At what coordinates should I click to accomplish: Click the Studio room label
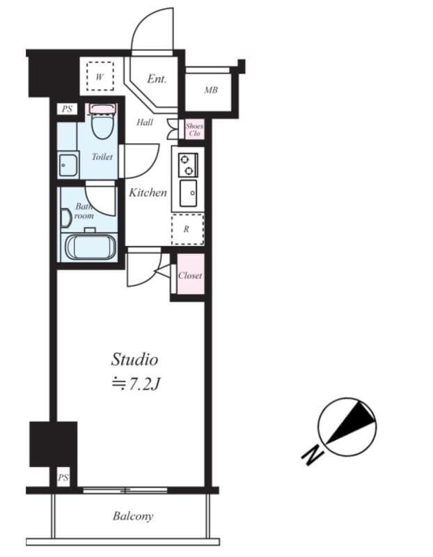point(134,359)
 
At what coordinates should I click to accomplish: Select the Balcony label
point(132,516)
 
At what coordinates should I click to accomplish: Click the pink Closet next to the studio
point(189,276)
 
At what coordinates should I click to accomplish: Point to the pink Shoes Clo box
point(194,130)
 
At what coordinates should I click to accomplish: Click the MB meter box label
point(210,91)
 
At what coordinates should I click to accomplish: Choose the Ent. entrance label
point(157,79)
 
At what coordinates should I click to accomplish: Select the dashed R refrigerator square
point(187,229)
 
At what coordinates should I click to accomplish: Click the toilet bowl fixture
point(102,123)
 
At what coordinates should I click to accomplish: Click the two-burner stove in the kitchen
point(187,164)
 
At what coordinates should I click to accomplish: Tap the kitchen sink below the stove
point(188,193)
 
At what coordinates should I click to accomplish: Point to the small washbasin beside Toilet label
point(68,166)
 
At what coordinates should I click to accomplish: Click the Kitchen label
point(148,193)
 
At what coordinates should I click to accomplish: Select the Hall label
point(145,123)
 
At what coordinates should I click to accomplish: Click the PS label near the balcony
point(63,478)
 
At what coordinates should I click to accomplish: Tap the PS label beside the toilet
point(67,109)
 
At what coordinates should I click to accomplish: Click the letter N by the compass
point(310,455)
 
